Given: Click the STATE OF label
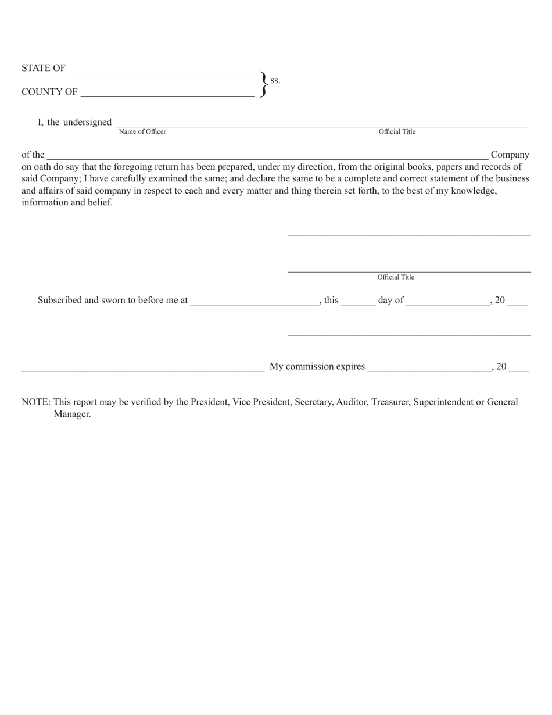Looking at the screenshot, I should click(x=44, y=68).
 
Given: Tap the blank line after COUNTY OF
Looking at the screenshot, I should click(x=167, y=95).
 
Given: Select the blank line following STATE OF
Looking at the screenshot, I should click(x=162, y=71).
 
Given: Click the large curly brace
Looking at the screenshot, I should click(x=263, y=84).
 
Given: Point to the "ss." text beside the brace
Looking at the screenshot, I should click(x=275, y=80).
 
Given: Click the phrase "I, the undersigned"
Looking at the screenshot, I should click(x=75, y=122).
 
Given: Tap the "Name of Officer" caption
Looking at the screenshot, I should click(x=142, y=132).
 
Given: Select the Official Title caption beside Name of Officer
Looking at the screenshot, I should click(x=397, y=132).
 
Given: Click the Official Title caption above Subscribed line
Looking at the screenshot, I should click(x=396, y=277).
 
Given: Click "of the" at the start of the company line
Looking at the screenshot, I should click(x=33, y=155).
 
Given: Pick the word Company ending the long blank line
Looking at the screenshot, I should click(x=510, y=155).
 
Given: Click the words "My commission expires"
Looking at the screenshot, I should click(x=318, y=366).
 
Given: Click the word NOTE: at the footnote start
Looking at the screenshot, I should click(x=36, y=402).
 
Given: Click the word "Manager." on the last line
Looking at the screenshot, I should click(x=72, y=414).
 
